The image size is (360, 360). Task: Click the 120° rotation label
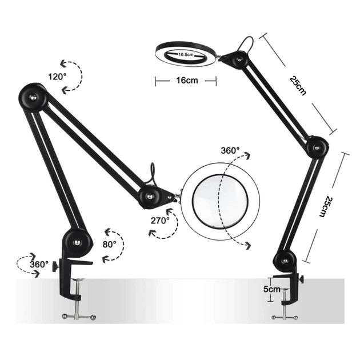tap(57, 77)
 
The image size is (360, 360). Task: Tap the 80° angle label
tap(109, 245)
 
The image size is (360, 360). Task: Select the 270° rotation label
tap(160, 221)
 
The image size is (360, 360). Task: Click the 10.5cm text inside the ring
tap(186, 55)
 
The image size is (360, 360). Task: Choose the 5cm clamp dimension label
tap(272, 289)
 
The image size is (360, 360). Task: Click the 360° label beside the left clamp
tap(39, 265)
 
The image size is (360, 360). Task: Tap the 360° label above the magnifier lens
tap(230, 151)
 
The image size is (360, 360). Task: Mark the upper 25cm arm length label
tap(298, 85)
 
